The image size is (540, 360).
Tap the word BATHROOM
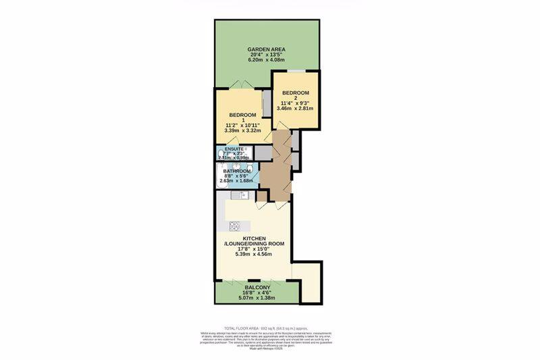pyautogui.click(x=237, y=172)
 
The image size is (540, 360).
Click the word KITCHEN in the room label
pyautogui.click(x=254, y=239)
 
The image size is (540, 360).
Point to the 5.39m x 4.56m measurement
pyautogui.click(x=254, y=255)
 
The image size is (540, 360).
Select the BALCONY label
pyautogui.click(x=255, y=288)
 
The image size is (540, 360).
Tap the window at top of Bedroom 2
pyautogui.click(x=296, y=71)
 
